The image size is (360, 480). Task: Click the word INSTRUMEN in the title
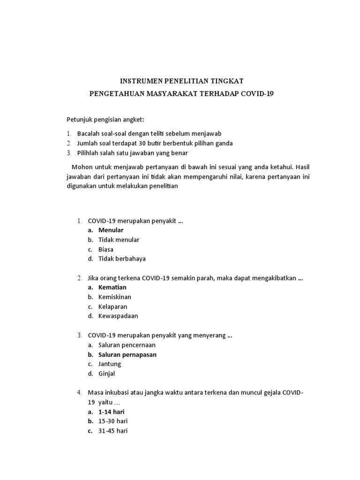tap(137, 81)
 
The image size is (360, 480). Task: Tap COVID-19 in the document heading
tap(257, 94)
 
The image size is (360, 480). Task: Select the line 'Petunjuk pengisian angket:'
tap(98, 120)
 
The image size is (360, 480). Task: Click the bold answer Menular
tap(111, 230)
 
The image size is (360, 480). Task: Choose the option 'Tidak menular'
tap(119, 240)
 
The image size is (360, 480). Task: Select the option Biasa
tap(106, 249)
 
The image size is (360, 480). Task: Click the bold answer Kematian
tap(112, 287)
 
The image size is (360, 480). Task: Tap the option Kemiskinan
tap(115, 297)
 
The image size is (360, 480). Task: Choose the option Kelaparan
tap(113, 307)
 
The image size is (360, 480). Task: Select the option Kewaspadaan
tap(118, 316)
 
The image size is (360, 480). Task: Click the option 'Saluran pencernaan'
tap(127, 345)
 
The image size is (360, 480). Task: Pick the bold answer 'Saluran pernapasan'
tap(127, 355)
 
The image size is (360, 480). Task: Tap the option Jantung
tap(110, 364)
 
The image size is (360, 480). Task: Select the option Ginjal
tap(107, 374)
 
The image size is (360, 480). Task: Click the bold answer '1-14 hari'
tap(112, 412)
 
